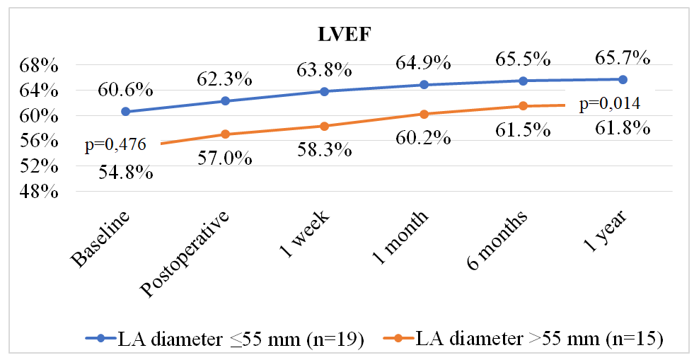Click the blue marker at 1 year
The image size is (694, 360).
point(623,79)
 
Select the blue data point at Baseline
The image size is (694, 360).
point(125,112)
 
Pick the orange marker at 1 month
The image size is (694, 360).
point(424,114)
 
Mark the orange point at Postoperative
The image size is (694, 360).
point(225,134)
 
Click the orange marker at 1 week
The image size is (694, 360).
point(324,126)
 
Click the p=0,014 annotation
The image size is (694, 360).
point(610,104)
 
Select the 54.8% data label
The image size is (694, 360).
point(125,172)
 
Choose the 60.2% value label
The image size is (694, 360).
point(424,137)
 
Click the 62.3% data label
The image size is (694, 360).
point(225,78)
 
